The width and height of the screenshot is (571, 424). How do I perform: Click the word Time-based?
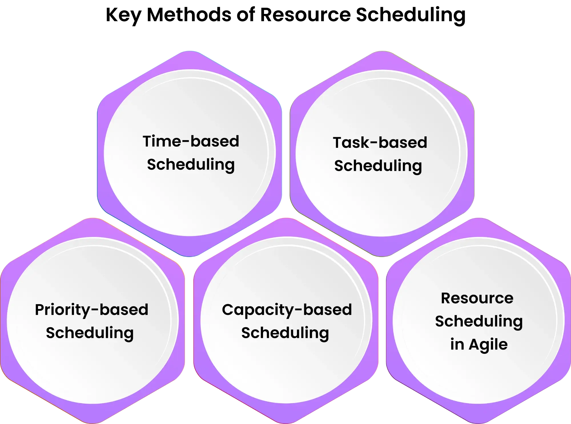pyautogui.click(x=191, y=141)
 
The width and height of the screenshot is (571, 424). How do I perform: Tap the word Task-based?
pyautogui.click(x=380, y=142)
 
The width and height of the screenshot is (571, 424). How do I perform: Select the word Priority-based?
pyautogui.click(x=92, y=310)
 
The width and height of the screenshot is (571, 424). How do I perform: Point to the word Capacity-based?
pyautogui.click(x=287, y=310)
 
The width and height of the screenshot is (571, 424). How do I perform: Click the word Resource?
pyautogui.click(x=477, y=298)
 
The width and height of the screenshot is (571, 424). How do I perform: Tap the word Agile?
pyautogui.click(x=488, y=344)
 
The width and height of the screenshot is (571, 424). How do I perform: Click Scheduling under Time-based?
pyautogui.click(x=191, y=165)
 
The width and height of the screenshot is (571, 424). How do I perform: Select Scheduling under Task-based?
pyautogui.click(x=378, y=166)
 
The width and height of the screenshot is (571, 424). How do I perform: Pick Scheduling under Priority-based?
pyautogui.click(x=90, y=333)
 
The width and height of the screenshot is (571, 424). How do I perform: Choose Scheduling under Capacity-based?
pyautogui.click(x=285, y=333)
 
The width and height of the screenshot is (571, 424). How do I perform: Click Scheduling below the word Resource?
pyautogui.click(x=479, y=321)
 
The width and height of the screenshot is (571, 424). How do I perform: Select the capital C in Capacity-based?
pyautogui.click(x=229, y=310)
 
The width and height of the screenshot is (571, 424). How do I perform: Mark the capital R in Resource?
pyautogui.click(x=447, y=298)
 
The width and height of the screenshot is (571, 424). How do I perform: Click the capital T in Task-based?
pyautogui.click(x=339, y=142)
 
